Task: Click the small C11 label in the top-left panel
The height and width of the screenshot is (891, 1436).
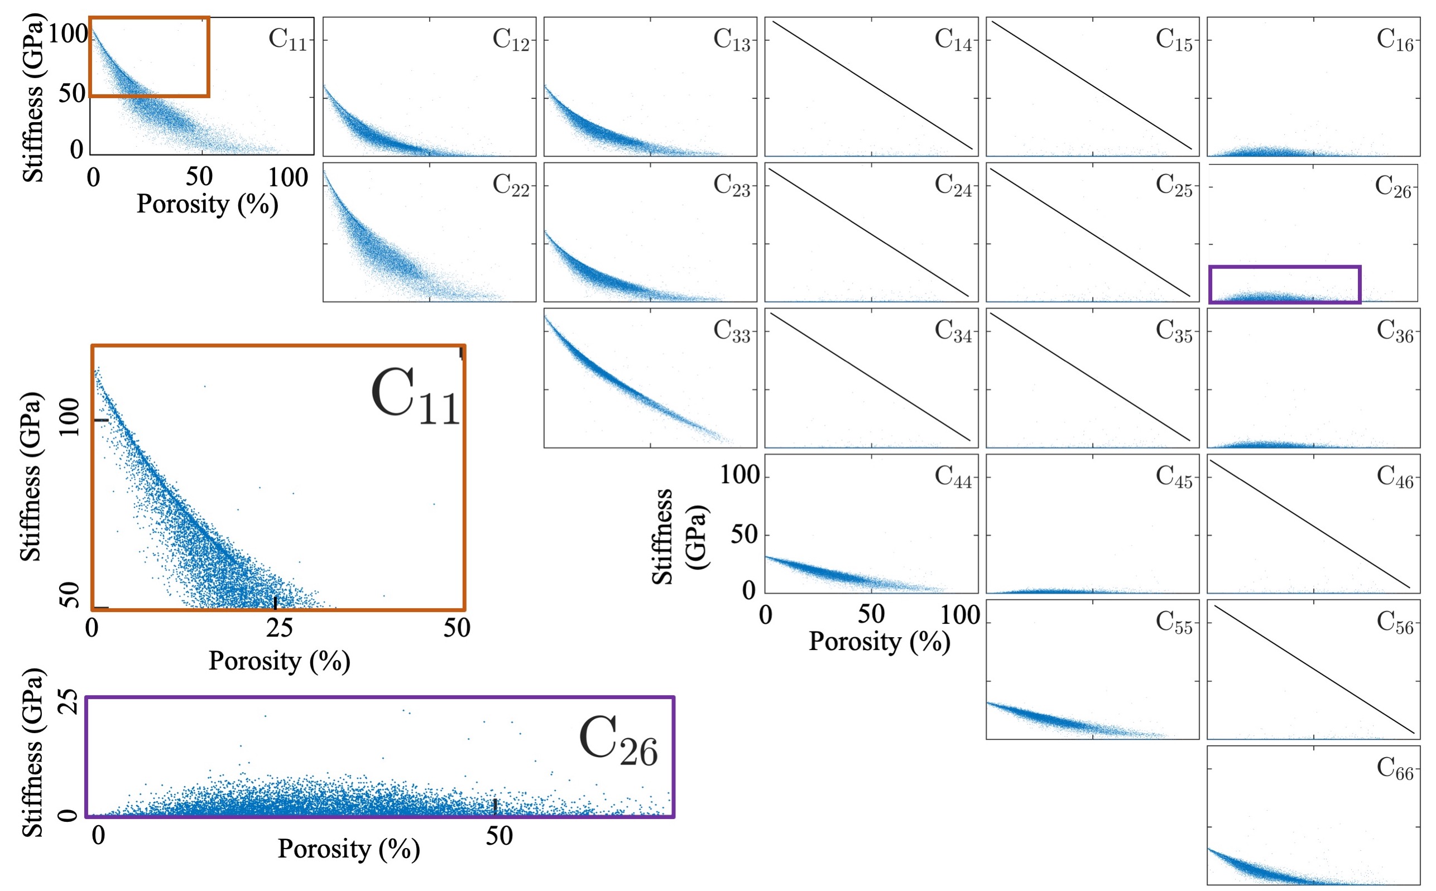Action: click(x=287, y=40)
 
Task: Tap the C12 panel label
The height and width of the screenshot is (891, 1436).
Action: click(x=511, y=40)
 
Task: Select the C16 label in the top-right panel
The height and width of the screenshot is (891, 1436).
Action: click(x=1395, y=40)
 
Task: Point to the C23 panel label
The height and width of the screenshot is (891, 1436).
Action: click(x=732, y=185)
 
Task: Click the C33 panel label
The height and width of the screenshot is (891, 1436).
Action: click(x=732, y=331)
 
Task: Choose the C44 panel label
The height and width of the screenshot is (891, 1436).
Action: click(x=953, y=476)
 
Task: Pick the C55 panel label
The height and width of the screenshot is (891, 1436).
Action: click(x=1174, y=622)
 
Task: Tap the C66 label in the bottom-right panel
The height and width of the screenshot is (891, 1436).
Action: click(x=1395, y=768)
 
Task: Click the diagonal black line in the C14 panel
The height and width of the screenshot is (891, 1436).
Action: click(x=872, y=85)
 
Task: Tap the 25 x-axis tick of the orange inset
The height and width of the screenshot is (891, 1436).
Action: click(x=279, y=628)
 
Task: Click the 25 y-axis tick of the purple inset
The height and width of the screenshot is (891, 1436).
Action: click(x=69, y=701)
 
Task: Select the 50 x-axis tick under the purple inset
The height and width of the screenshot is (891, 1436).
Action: click(x=499, y=836)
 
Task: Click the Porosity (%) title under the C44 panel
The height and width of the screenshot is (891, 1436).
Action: click(x=879, y=641)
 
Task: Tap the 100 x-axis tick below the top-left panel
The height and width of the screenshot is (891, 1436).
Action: click(x=289, y=177)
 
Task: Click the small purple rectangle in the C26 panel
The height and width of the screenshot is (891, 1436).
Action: click(x=1285, y=285)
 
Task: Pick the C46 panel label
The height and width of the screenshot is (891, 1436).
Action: click(x=1395, y=476)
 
